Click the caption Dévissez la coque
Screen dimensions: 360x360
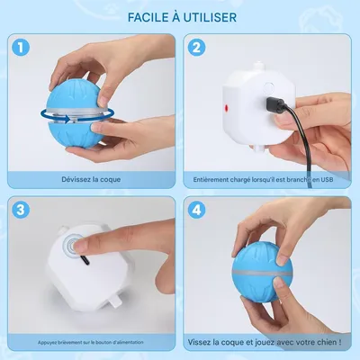[x=90, y=180]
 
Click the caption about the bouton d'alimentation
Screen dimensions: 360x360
[x=90, y=343]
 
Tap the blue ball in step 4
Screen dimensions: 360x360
[x=270, y=279]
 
